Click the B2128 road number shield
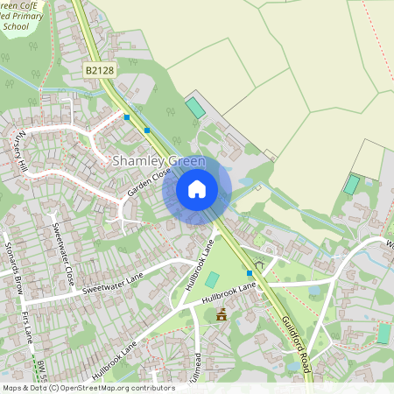101,68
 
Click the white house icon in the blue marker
197,188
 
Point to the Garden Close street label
147,182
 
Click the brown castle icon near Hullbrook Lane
221,314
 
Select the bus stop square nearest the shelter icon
250,273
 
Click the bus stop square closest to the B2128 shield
127,116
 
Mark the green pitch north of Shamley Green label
194,109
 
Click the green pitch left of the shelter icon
212,279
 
